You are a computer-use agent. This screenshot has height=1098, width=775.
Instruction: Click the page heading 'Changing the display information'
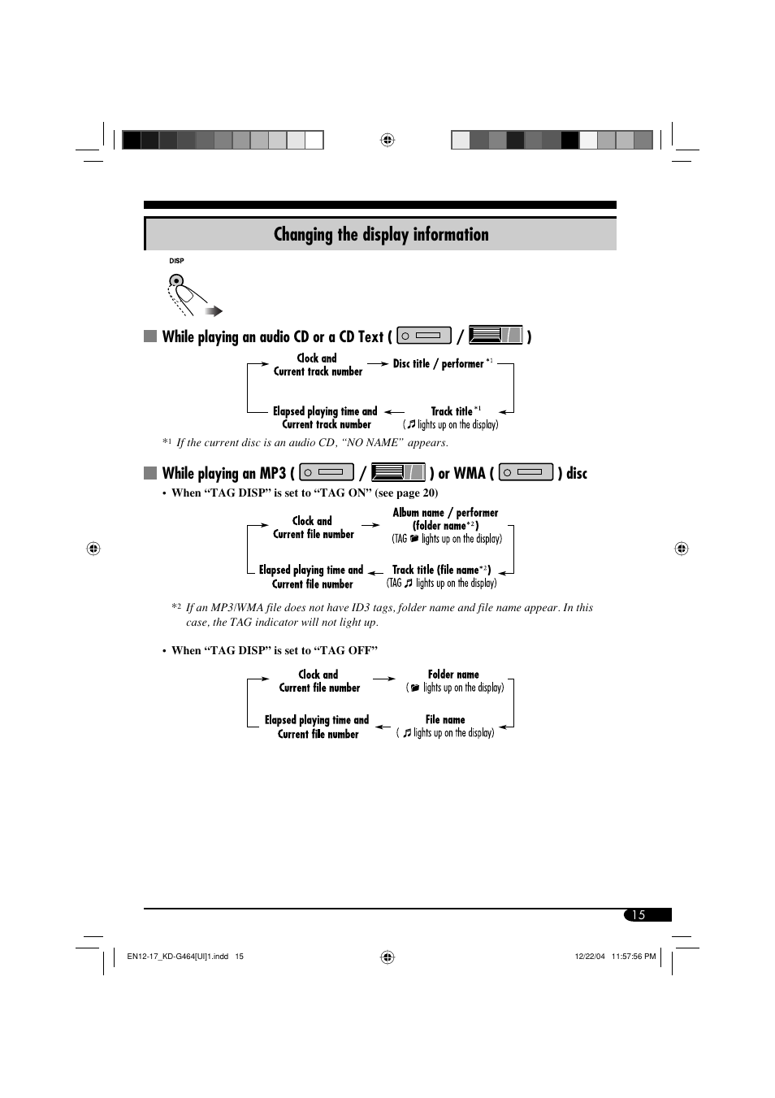(x=381, y=235)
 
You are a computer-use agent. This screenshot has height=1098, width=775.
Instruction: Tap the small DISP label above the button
(x=176, y=261)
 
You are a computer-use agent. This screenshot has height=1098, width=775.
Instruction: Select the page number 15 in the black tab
(x=639, y=915)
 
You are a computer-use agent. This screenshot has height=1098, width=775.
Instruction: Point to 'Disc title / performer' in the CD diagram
(x=439, y=364)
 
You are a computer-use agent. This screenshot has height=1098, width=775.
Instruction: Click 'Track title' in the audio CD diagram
(x=451, y=411)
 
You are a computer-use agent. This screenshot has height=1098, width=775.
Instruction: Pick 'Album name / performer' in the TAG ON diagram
(x=445, y=513)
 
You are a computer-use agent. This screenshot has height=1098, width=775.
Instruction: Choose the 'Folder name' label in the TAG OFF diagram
(x=453, y=675)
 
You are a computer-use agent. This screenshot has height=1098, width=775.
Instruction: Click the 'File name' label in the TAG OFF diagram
(x=445, y=720)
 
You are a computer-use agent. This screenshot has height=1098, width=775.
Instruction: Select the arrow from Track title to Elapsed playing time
(x=394, y=412)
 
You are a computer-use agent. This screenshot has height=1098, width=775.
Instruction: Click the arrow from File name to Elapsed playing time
(x=383, y=727)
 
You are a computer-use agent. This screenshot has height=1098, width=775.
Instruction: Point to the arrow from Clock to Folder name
(x=383, y=679)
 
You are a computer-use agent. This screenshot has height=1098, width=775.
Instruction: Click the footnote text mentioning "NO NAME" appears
(x=312, y=443)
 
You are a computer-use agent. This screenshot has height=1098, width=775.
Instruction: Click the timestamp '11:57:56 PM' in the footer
(x=633, y=957)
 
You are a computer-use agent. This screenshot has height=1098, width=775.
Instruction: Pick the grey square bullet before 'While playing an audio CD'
(x=150, y=336)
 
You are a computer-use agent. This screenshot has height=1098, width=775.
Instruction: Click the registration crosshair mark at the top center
(x=387, y=140)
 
